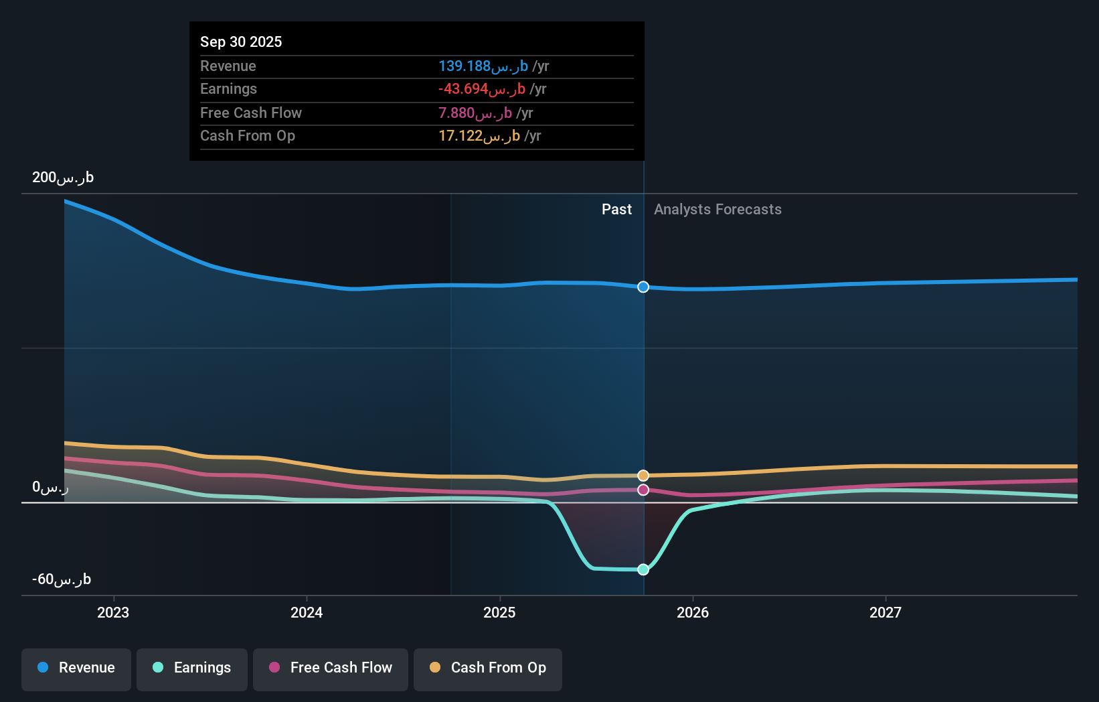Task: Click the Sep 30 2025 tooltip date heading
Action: [241, 42]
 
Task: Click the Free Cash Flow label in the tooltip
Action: [251, 113]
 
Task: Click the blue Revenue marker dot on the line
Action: [643, 287]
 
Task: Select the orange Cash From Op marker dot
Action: [643, 476]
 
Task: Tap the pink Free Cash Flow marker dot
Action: [643, 490]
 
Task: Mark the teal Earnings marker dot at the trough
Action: [643, 569]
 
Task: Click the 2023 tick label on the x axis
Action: [113, 612]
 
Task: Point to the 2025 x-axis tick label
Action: [499, 612]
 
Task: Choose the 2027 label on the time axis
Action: [885, 612]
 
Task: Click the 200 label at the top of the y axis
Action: [63, 178]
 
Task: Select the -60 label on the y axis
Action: [62, 579]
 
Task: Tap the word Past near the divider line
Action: [616, 210]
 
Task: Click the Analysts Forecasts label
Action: [717, 210]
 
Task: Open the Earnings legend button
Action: [192, 668]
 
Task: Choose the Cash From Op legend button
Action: [488, 668]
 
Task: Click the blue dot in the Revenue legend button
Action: [43, 667]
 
